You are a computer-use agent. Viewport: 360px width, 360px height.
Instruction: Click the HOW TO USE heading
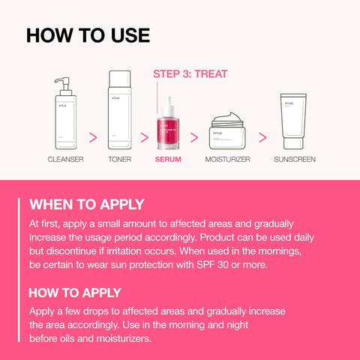tap(88, 35)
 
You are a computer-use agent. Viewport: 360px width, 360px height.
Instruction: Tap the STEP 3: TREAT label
tap(190, 74)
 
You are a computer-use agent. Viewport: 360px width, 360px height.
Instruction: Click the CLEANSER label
tap(65, 160)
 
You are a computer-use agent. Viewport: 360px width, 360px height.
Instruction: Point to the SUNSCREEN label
tap(295, 160)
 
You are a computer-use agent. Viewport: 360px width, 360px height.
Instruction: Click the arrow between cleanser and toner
tap(93, 138)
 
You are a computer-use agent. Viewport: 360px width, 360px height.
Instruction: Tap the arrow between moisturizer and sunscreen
tap(262, 138)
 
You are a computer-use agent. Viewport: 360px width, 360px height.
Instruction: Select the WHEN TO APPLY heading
tap(86, 205)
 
